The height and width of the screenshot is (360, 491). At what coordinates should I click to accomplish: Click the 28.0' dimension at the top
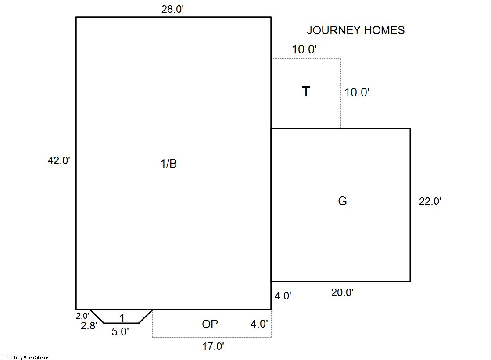[172, 9]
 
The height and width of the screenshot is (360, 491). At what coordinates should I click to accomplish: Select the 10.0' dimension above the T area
[305, 49]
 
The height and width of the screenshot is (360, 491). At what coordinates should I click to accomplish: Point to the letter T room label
[306, 91]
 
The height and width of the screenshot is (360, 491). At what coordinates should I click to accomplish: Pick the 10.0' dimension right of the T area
[357, 93]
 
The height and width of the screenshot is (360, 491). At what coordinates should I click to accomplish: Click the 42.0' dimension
[59, 160]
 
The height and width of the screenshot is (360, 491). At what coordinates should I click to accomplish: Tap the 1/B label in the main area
[169, 163]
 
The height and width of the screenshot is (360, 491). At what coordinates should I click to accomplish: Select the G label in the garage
[343, 201]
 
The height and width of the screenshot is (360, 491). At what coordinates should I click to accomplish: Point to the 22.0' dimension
[430, 201]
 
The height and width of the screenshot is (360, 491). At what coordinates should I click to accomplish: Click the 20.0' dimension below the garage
[343, 292]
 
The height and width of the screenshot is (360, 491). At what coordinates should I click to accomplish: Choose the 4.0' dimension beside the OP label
[259, 324]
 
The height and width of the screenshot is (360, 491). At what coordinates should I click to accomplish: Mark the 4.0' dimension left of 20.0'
[283, 296]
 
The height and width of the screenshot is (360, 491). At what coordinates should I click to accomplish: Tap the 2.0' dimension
[82, 316]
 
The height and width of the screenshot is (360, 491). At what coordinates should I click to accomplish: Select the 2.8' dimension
[89, 326]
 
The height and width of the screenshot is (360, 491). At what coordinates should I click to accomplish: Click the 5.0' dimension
[120, 331]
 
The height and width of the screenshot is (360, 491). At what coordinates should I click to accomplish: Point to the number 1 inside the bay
[122, 318]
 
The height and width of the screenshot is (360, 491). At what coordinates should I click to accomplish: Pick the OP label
[210, 324]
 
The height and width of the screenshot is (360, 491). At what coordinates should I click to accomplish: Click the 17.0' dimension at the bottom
[213, 346]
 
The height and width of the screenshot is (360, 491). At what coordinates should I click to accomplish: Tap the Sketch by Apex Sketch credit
[26, 357]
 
